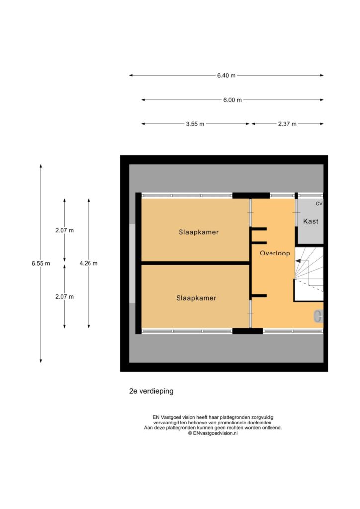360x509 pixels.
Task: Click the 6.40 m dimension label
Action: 226,76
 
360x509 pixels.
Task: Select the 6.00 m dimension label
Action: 232,100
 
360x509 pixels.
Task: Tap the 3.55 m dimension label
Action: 195,124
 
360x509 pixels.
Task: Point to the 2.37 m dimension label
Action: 287,124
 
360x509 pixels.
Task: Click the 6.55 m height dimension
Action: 41,263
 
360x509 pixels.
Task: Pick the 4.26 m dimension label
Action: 89,263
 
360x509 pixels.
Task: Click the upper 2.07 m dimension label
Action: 64,230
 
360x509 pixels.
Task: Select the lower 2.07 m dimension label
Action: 64,297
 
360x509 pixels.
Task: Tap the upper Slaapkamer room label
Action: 199,232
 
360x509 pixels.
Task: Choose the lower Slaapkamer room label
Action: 196,298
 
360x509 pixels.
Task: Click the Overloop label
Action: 274,253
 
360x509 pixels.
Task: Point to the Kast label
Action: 311,221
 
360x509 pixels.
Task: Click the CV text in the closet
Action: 319,204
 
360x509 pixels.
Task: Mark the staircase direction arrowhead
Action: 298,261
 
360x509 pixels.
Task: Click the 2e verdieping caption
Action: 151,391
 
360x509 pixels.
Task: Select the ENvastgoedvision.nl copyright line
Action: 213,433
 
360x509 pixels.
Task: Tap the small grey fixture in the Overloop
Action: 318,316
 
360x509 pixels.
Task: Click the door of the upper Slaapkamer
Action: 250,213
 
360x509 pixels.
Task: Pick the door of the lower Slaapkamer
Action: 250,314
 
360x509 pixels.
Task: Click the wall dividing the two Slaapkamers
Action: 195,263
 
